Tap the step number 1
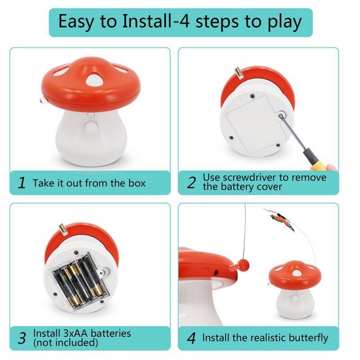pyautogui.click(x=21, y=183)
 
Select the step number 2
pyautogui.click(x=191, y=183)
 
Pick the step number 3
pyautogui.click(x=21, y=338)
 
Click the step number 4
pyautogui.click(x=191, y=338)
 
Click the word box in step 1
pyautogui.click(x=137, y=183)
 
